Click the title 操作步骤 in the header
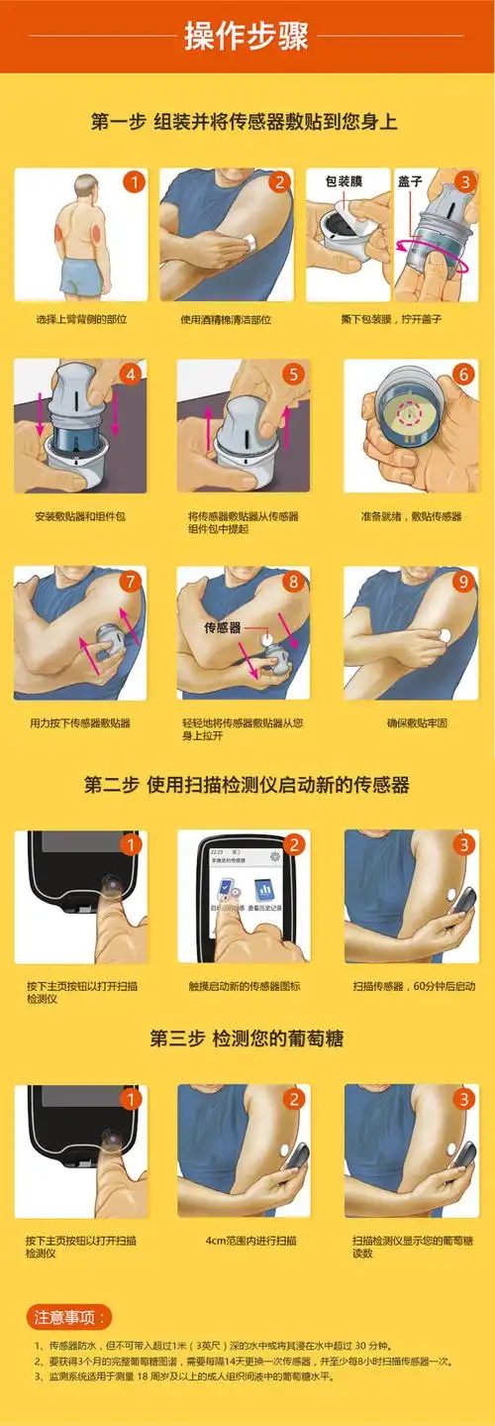pyautogui.click(x=247, y=37)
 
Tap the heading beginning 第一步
pyautogui.click(x=245, y=123)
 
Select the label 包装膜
pyautogui.click(x=344, y=182)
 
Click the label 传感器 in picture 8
pyautogui.click(x=223, y=628)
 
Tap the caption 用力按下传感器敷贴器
pyautogui.click(x=80, y=723)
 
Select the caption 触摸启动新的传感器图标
pyautogui.click(x=245, y=986)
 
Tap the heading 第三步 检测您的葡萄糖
pyautogui.click(x=247, y=1040)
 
